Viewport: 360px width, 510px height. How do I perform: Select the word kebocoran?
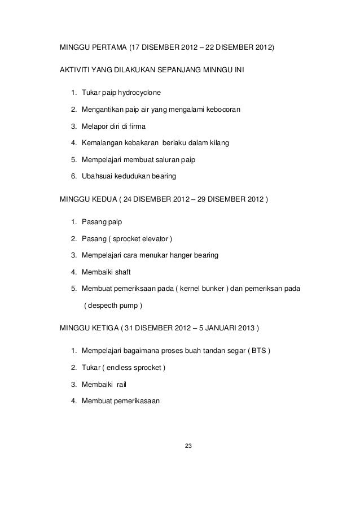point(221,109)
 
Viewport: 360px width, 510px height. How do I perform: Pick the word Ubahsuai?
point(98,177)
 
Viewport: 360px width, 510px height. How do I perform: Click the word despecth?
point(103,306)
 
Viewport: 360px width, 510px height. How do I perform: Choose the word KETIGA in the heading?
point(107,329)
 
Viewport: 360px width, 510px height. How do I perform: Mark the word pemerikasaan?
point(137,402)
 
